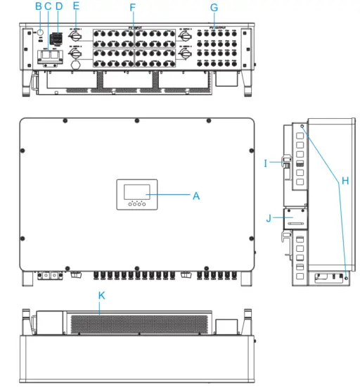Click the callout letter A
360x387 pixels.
196,196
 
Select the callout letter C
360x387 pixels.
48,6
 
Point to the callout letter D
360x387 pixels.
59,6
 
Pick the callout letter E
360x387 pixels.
76,6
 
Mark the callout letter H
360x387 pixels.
345,181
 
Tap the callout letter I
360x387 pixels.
266,163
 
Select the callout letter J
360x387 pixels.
268,218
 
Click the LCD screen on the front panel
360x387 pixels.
135,191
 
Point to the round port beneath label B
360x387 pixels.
41,32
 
